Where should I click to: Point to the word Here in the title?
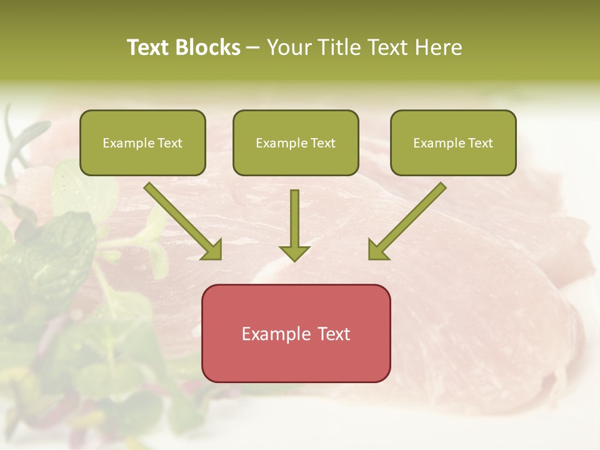tap(441, 47)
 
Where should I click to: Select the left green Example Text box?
tap(142, 142)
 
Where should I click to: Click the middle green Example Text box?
tap(296, 142)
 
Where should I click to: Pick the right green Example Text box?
tap(453, 142)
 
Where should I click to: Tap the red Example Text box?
tap(296, 333)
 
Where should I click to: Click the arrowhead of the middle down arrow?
tap(294, 252)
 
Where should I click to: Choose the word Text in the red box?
tap(335, 334)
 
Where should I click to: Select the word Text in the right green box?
tap(480, 143)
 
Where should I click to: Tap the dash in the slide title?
tap(253, 47)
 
